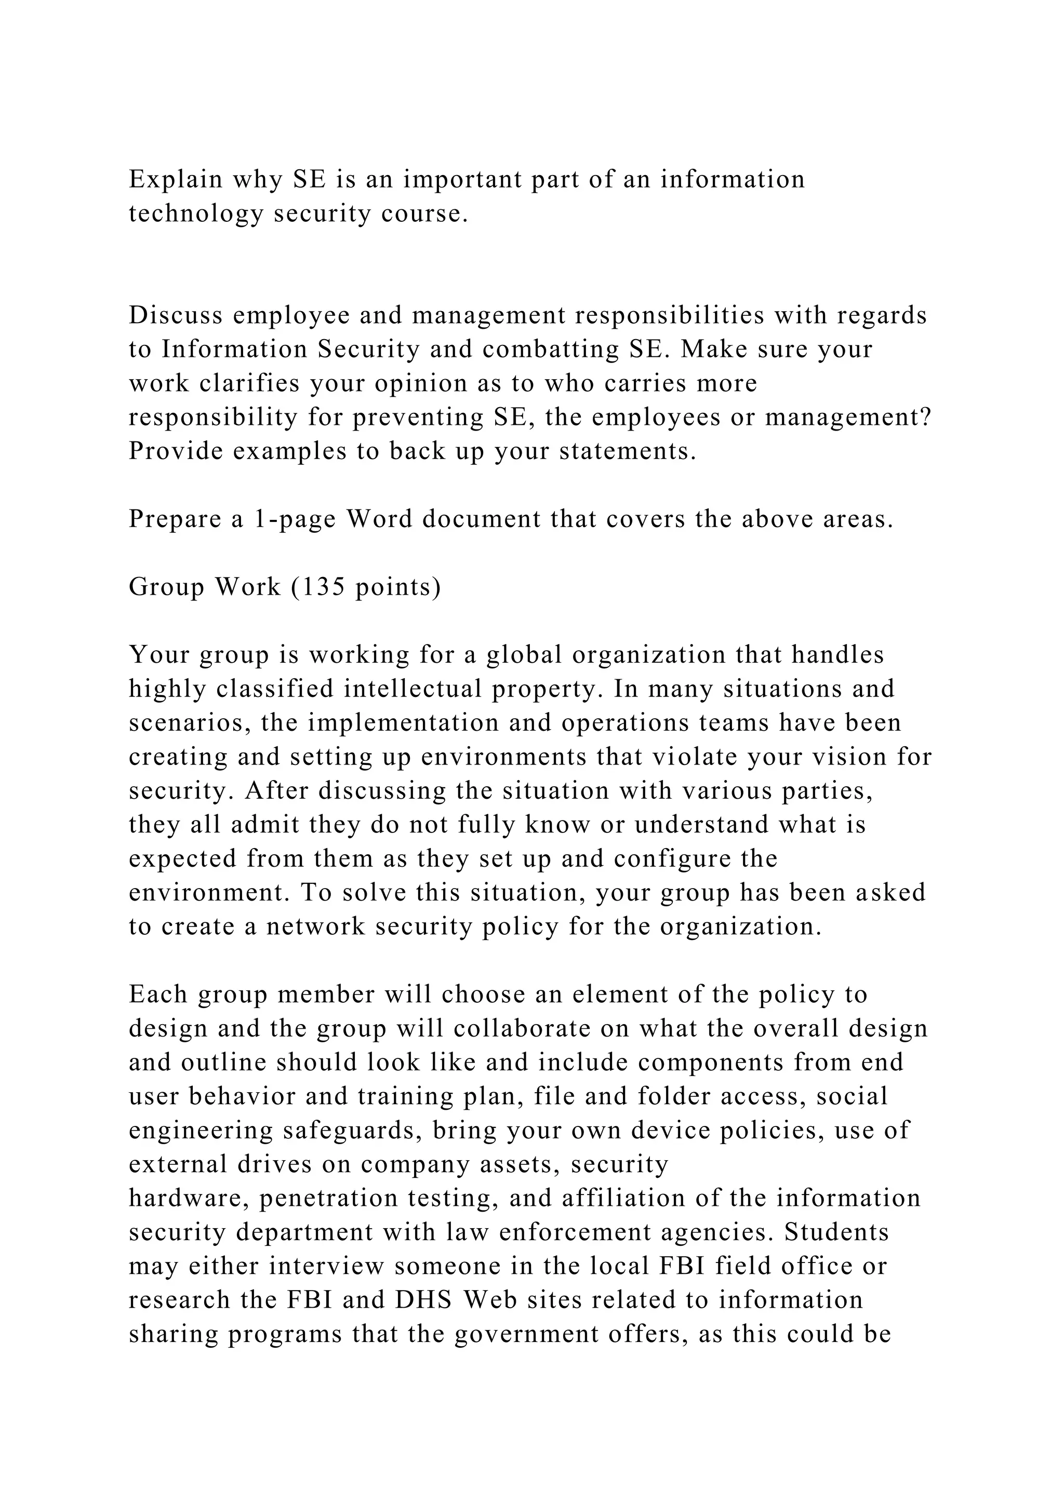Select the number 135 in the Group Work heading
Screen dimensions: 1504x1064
pyautogui.click(x=322, y=587)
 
